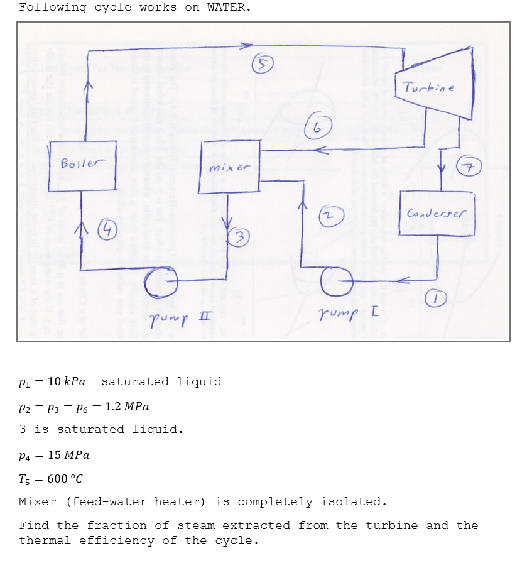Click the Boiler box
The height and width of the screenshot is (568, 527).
[x=82, y=166]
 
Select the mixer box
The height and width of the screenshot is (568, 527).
[x=229, y=168]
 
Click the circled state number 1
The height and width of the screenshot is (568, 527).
[x=437, y=299]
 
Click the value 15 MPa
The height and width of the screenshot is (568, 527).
[x=65, y=454]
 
